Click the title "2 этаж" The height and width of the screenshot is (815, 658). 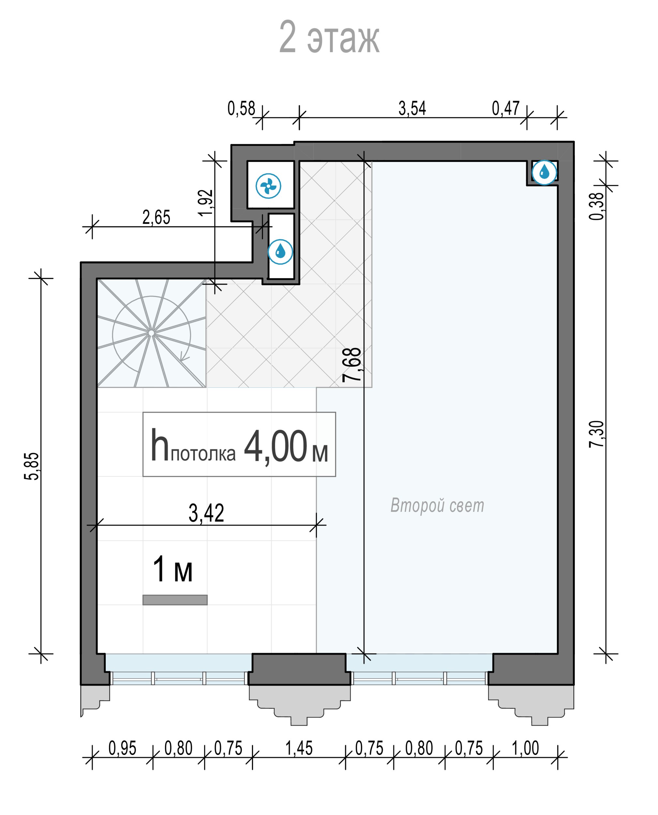point(329,37)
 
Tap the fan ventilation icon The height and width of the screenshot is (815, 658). point(268,186)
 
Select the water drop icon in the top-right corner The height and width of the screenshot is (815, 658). point(544,172)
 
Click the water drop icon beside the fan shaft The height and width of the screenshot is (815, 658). point(280,252)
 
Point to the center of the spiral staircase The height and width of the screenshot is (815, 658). point(151,333)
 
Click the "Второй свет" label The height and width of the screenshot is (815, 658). point(437,505)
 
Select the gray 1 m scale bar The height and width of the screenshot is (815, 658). point(175,600)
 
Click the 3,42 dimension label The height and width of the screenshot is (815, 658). point(207,513)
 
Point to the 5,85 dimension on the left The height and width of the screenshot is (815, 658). point(32,466)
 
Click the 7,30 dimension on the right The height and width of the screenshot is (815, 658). point(597,434)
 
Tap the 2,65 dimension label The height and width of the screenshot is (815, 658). point(156,217)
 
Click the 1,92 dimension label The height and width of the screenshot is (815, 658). point(206,203)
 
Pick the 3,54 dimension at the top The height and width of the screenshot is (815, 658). point(412,108)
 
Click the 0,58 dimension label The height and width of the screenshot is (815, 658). point(241,109)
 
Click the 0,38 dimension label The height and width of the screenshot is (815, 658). point(597,206)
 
